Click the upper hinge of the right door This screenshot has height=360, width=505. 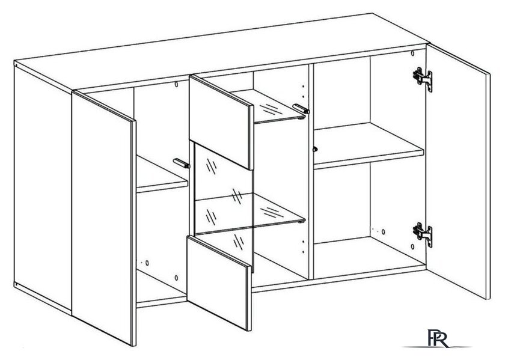click(x=423, y=78)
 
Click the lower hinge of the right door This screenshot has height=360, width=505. click(x=423, y=233)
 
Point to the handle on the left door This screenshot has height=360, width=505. click(x=182, y=163)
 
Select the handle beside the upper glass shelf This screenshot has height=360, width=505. click(x=301, y=109)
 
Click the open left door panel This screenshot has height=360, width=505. click(x=103, y=218)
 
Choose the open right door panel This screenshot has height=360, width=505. click(x=458, y=171)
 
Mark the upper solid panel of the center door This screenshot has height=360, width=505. click(x=221, y=122)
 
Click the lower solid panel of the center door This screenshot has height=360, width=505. click(x=219, y=282)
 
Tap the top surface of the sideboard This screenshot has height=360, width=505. click(x=222, y=52)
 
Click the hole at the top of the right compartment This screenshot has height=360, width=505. click(x=412, y=53)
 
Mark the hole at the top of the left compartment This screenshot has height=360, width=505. click(x=176, y=84)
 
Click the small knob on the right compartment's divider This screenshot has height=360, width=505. click(x=315, y=149)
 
